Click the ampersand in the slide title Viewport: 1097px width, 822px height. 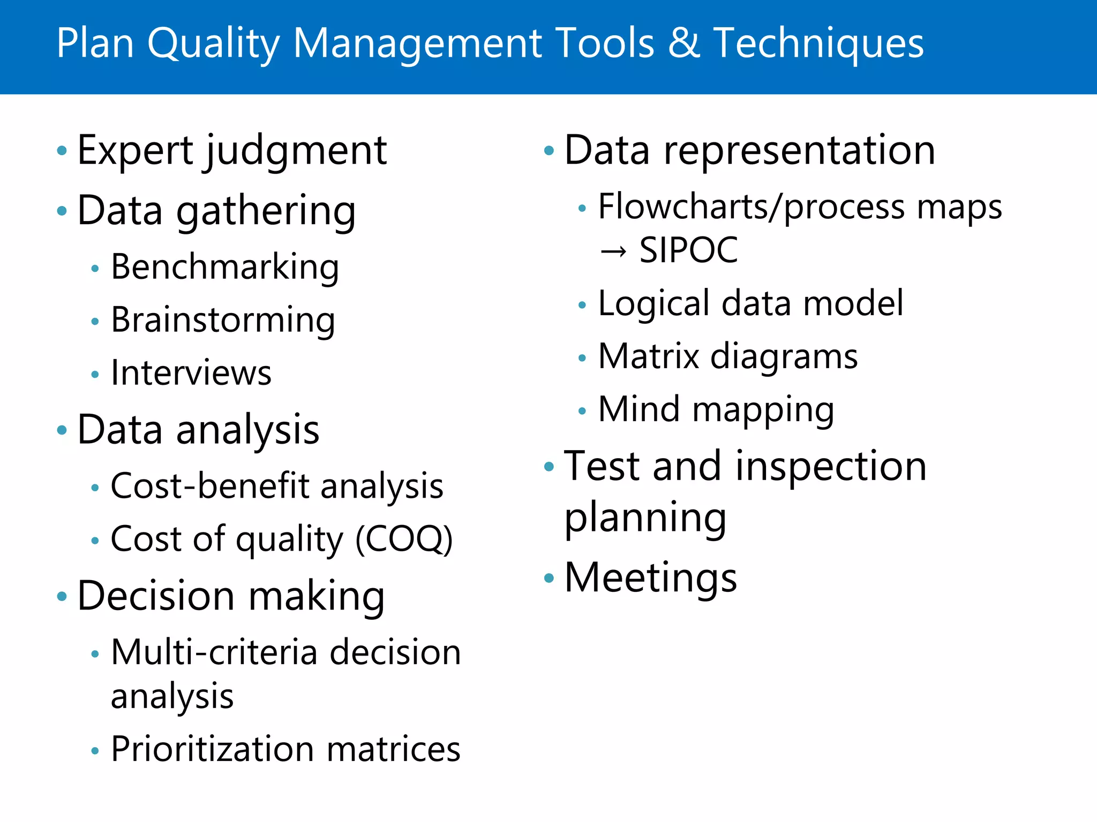click(684, 43)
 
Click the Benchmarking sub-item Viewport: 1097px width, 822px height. click(224, 267)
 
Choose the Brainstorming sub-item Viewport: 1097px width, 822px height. click(223, 320)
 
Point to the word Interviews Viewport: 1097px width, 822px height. click(191, 372)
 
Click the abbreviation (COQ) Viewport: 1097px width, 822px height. click(404, 539)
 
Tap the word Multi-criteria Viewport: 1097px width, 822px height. click(214, 652)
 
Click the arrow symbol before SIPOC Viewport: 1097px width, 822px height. click(613, 250)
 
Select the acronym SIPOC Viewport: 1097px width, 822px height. click(688, 250)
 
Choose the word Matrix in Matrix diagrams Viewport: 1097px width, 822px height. click(649, 356)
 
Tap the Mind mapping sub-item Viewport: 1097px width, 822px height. click(716, 410)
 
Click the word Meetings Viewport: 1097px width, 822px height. click(650, 578)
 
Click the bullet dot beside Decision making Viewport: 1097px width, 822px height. click(62, 596)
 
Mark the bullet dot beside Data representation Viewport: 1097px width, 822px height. click(548, 150)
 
